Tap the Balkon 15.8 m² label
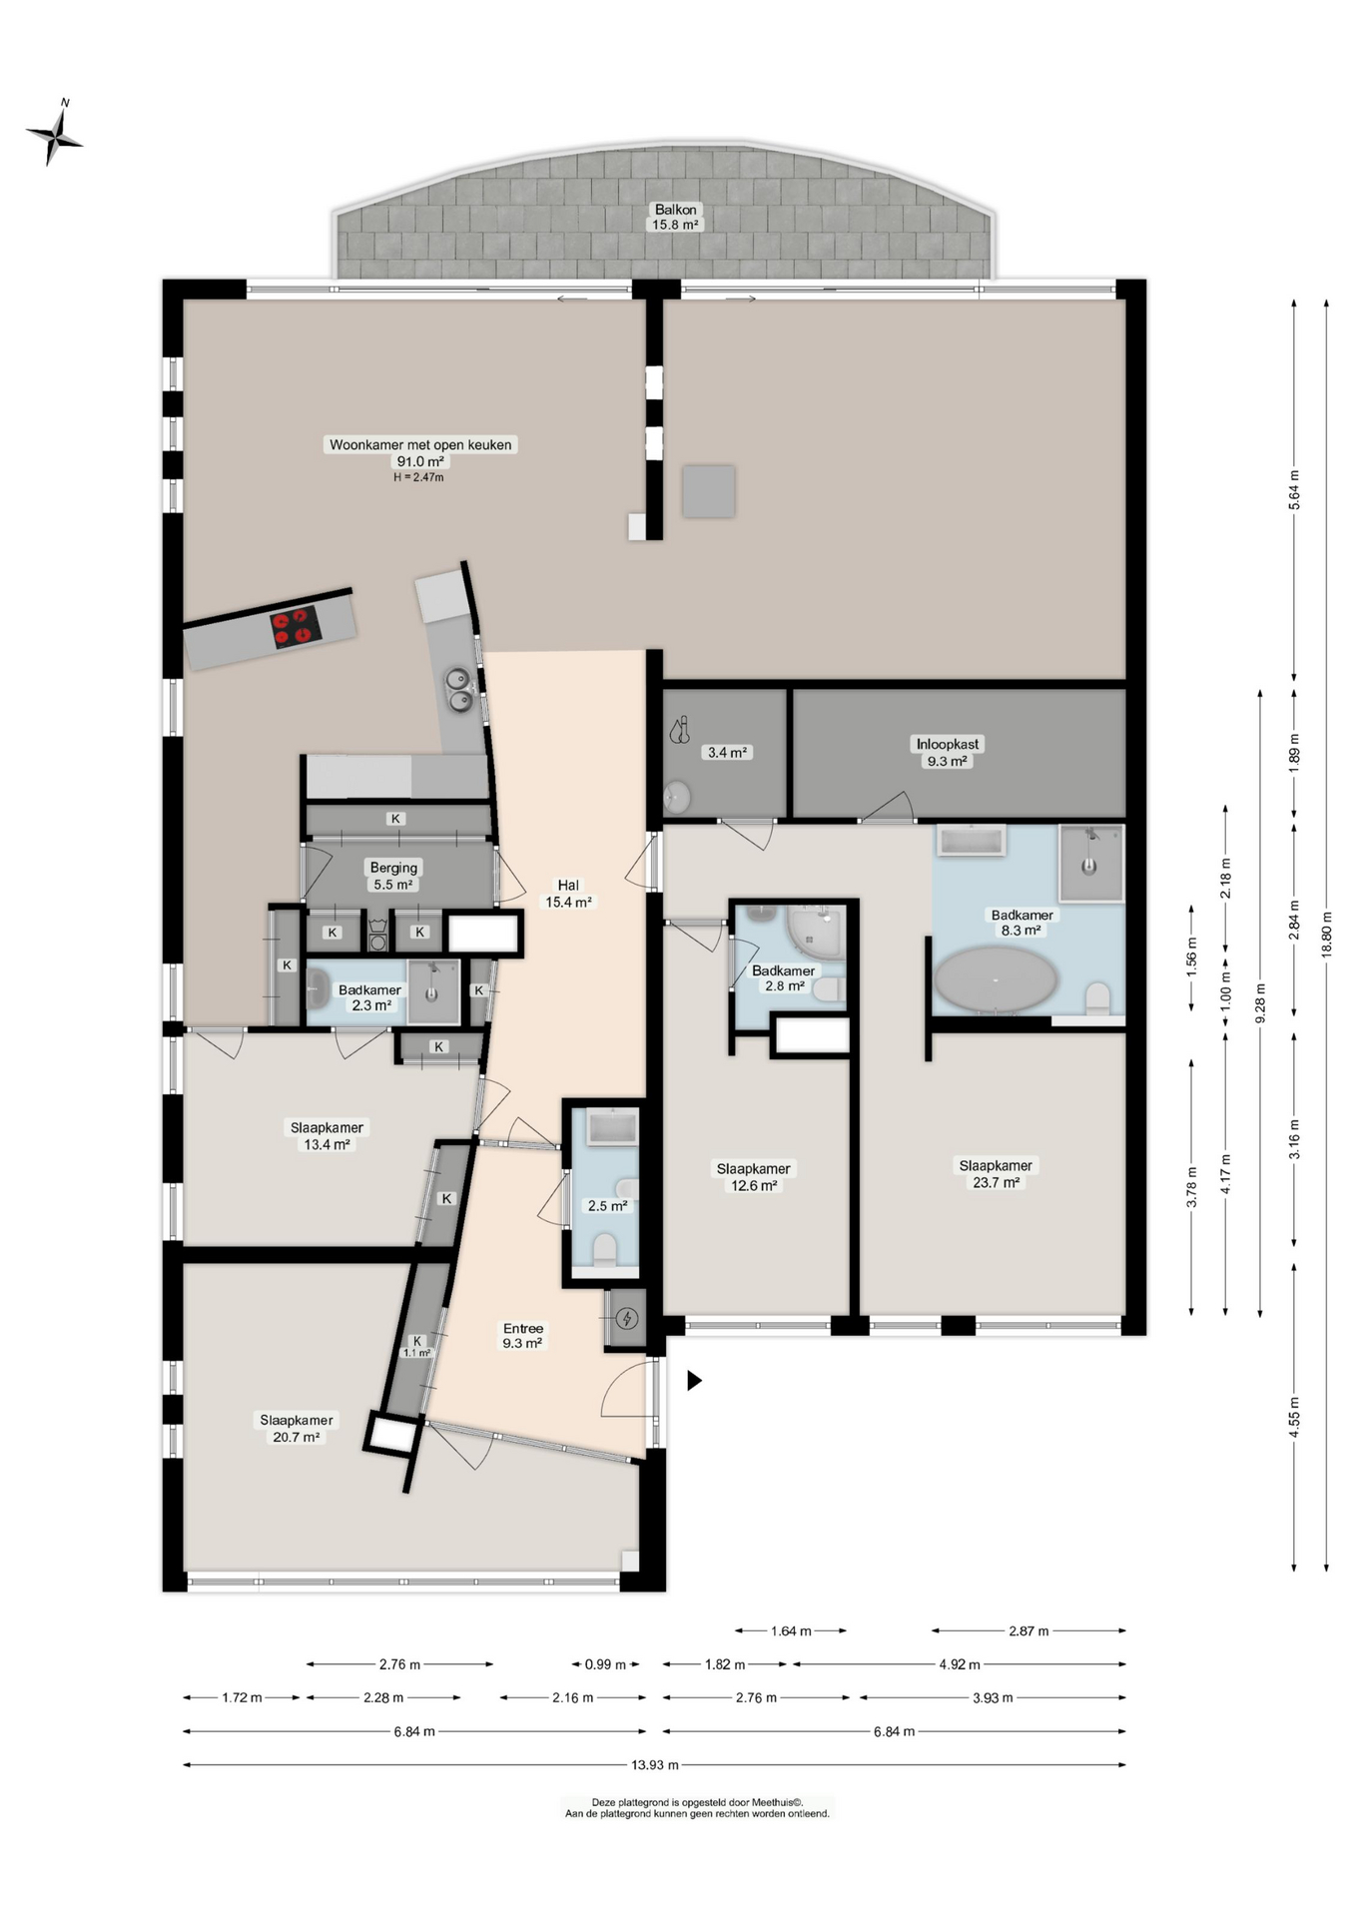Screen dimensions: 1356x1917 (x=676, y=217)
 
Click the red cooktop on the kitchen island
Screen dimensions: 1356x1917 (x=296, y=628)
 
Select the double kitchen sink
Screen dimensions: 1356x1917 (x=459, y=690)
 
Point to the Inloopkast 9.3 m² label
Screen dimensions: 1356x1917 (x=948, y=752)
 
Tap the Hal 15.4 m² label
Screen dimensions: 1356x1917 (x=568, y=894)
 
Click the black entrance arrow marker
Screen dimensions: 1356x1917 (x=694, y=1380)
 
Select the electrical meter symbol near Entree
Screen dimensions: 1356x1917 (x=627, y=1319)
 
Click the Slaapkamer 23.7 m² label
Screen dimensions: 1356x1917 (x=996, y=1173)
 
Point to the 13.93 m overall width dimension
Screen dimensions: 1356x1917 (x=654, y=1764)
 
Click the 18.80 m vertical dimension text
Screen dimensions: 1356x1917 (x=1326, y=935)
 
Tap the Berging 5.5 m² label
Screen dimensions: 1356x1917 (x=393, y=876)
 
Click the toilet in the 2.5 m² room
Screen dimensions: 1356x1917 (x=605, y=1249)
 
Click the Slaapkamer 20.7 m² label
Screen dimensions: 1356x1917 (x=297, y=1428)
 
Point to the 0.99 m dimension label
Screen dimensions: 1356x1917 (x=605, y=1664)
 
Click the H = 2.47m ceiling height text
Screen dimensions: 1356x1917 (x=418, y=477)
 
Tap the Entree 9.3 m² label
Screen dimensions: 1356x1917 (x=522, y=1336)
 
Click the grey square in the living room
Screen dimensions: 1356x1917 (x=709, y=491)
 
